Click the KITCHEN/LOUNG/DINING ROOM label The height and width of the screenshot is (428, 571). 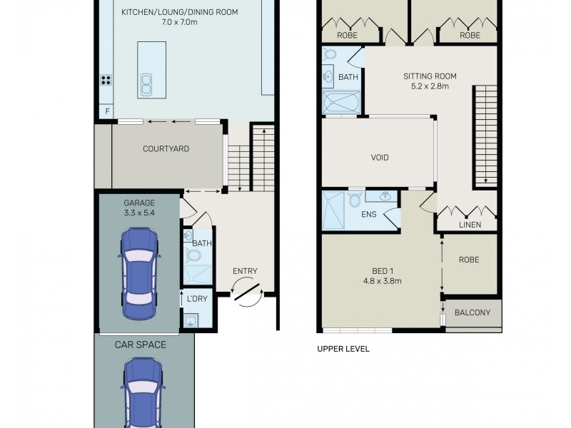[x=179, y=13]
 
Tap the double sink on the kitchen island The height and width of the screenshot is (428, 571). [x=146, y=84]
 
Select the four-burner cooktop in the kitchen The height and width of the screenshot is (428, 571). [x=106, y=80]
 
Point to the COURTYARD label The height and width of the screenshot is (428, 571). [x=166, y=149]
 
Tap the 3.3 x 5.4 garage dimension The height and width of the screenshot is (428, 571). [x=138, y=213]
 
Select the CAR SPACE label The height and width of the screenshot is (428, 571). [x=141, y=345]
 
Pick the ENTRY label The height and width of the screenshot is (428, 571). [x=245, y=271]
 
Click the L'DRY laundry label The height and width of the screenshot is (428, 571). [x=196, y=299]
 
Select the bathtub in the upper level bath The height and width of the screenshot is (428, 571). [x=342, y=104]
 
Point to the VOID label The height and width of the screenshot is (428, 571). [x=380, y=158]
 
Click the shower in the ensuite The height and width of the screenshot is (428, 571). [x=333, y=210]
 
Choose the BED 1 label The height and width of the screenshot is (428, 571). [x=383, y=271]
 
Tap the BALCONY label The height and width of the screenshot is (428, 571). [x=474, y=312]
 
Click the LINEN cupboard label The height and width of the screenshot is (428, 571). [x=469, y=225]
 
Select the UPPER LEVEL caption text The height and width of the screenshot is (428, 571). [x=343, y=350]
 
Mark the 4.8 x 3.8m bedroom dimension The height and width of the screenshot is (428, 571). [x=383, y=281]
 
